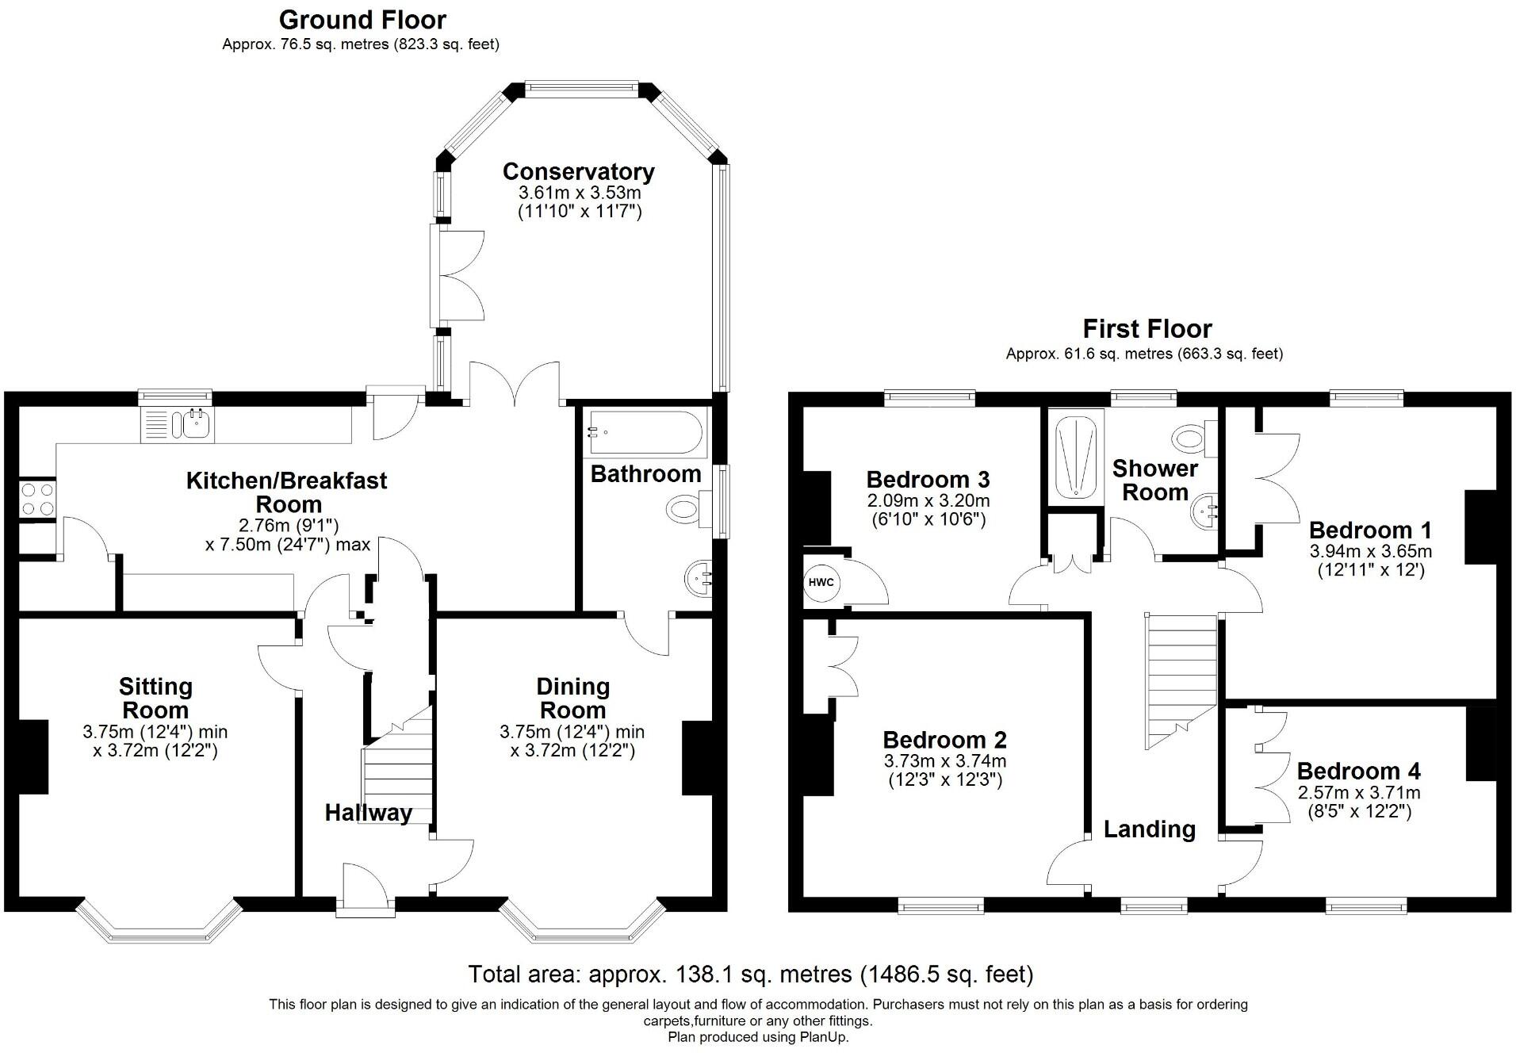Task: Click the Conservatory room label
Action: pos(578,171)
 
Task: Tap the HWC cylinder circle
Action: pos(821,583)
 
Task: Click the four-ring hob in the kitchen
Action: pos(37,499)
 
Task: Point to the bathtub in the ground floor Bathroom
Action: pos(643,432)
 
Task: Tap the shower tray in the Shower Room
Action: pos(1076,454)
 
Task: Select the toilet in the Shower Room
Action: pos(1193,437)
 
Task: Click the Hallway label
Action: pos(368,813)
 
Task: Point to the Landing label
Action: pos(1149,829)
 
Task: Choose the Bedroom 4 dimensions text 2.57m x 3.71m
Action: pos(1358,792)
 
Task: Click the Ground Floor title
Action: pos(362,19)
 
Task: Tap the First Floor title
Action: pos(1147,328)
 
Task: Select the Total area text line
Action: pos(750,974)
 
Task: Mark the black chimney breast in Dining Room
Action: pos(698,757)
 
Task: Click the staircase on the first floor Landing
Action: pos(1180,678)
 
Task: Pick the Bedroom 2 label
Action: pos(944,740)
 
